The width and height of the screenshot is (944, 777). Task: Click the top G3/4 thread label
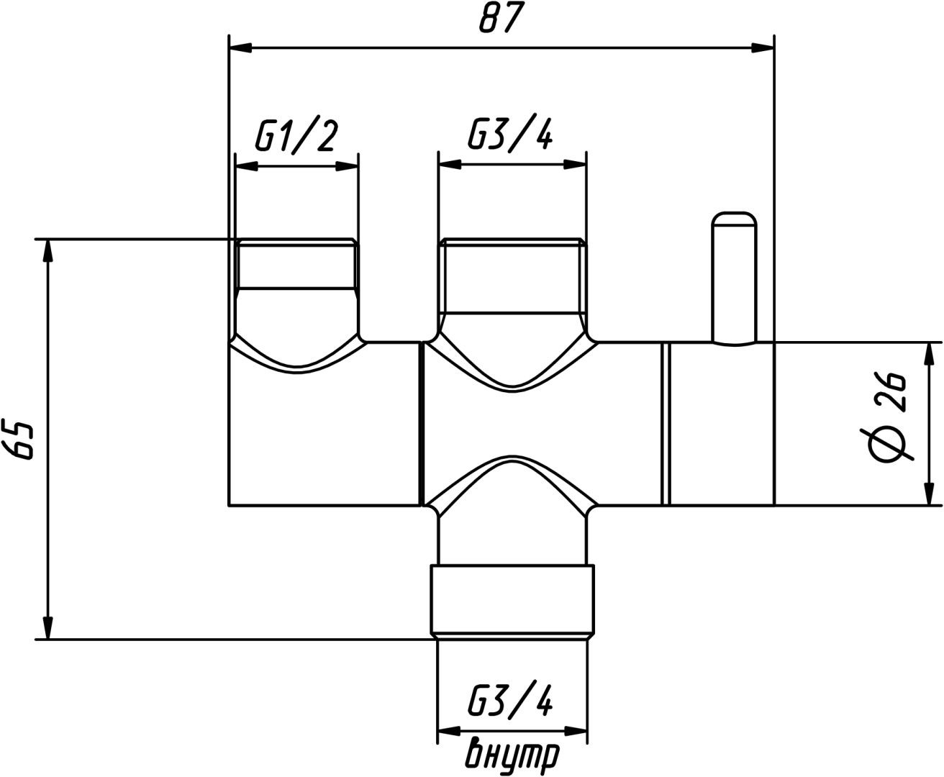(510, 134)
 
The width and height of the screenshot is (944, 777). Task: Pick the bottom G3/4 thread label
(510, 699)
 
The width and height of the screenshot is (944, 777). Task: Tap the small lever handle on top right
(734, 278)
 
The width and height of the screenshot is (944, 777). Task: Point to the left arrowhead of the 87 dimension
(240, 48)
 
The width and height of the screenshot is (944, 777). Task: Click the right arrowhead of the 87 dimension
(763, 48)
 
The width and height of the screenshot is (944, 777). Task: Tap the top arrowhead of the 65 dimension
(49, 251)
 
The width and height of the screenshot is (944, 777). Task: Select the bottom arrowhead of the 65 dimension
(49, 628)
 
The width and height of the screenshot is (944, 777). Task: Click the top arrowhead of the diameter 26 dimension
(930, 355)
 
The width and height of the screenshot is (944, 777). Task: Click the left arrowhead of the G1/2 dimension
(246, 166)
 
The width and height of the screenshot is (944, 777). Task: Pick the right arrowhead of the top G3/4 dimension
(575, 165)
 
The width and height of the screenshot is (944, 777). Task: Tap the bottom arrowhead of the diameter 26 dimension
(930, 494)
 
